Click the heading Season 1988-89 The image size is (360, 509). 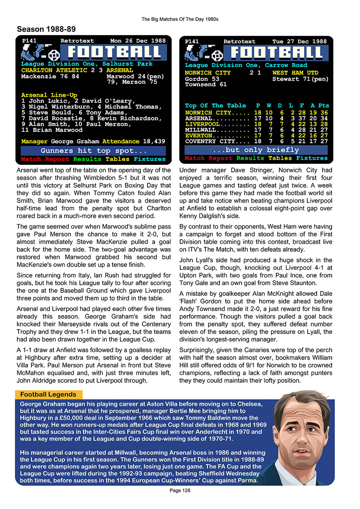point(46,30)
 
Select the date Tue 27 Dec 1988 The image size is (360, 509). point(299,41)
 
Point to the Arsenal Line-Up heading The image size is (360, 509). point(49,95)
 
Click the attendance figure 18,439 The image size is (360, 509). point(154,141)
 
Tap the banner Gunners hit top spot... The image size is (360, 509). point(93,151)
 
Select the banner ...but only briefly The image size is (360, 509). point(256,150)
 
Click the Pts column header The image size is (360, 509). point(323,105)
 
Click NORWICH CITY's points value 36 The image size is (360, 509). point(324,112)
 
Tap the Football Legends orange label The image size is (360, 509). point(48,395)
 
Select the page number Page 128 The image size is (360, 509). point(180,491)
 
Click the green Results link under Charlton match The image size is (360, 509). point(87,159)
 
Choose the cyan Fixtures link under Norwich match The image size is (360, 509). point(312,158)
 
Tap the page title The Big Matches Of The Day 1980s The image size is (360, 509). point(180,19)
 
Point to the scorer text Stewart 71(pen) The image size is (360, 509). point(300,79)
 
